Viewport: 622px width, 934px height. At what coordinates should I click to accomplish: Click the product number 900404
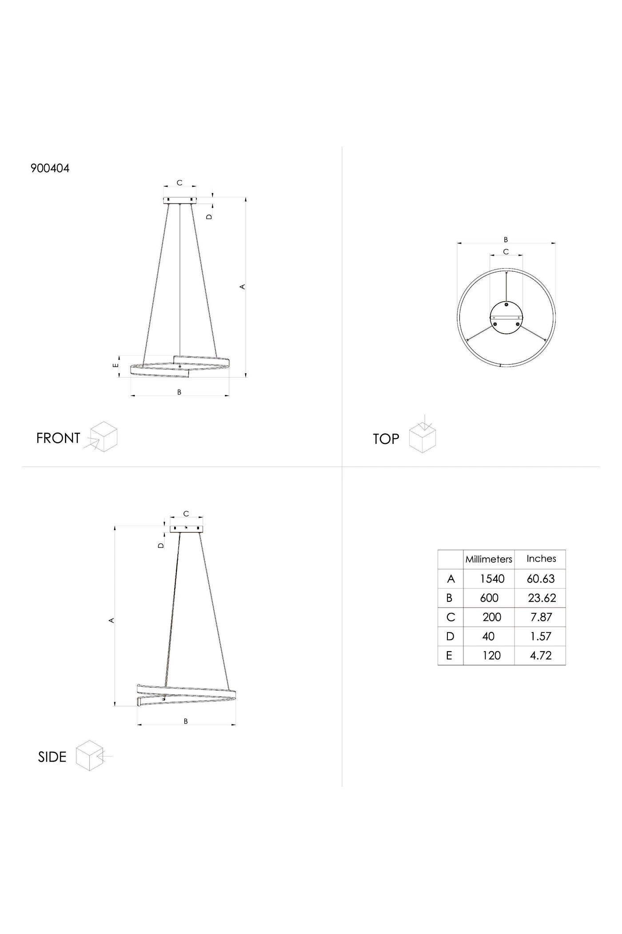pyautogui.click(x=50, y=169)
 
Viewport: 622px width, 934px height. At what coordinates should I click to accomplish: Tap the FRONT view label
pyautogui.click(x=58, y=439)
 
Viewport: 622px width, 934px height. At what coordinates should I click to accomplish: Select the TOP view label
pyautogui.click(x=386, y=439)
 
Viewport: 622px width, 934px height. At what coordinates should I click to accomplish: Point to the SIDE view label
pyautogui.click(x=52, y=757)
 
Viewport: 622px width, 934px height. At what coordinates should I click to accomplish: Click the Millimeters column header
pyautogui.click(x=489, y=560)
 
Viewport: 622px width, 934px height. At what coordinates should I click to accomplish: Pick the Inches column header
pyautogui.click(x=541, y=559)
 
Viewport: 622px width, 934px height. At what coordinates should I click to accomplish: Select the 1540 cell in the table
pyautogui.click(x=492, y=579)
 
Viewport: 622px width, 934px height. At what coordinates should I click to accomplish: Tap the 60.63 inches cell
pyautogui.click(x=541, y=579)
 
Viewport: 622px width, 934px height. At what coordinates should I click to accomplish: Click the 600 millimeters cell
pyautogui.click(x=489, y=598)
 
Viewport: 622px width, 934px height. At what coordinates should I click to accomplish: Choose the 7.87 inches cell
pyautogui.click(x=541, y=617)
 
